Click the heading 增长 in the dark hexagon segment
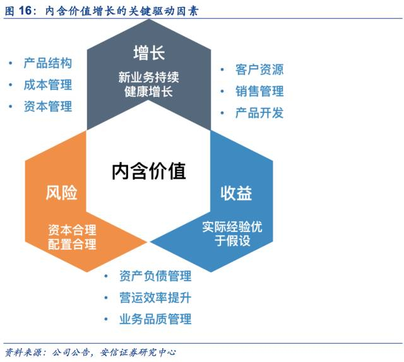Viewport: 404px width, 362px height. tap(149, 52)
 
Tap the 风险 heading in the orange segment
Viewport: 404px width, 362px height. tap(62, 192)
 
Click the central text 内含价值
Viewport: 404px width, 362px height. tap(150, 170)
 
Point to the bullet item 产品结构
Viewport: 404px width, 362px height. tap(47, 63)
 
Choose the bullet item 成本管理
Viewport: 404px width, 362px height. tap(47, 85)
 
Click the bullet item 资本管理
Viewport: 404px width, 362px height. tap(47, 106)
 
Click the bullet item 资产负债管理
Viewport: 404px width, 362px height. tap(155, 276)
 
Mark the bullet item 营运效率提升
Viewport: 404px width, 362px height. tap(155, 298)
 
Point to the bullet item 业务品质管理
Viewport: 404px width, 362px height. tap(155, 319)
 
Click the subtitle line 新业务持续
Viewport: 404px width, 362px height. tap(149, 78)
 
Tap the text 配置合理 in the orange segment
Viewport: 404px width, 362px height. tap(72, 244)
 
